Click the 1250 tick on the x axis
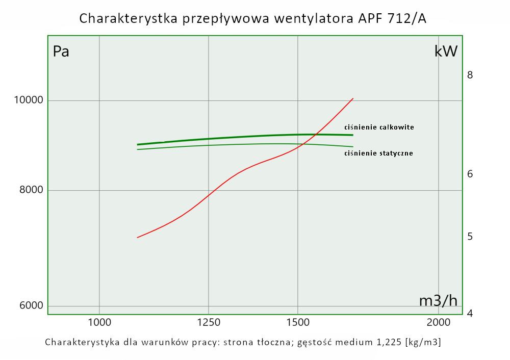pos(208,322)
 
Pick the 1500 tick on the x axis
pos(298,322)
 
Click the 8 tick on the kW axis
pos(470,75)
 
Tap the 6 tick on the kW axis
pos(470,174)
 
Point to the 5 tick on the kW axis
pos(470,237)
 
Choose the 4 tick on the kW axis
pos(470,313)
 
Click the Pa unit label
pos(61,52)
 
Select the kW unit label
pos(446,51)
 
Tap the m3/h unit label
pos(438,301)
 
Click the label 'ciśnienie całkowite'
pos(379,127)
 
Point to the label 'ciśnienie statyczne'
pos(378,153)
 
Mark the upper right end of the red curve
pos(353,98)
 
